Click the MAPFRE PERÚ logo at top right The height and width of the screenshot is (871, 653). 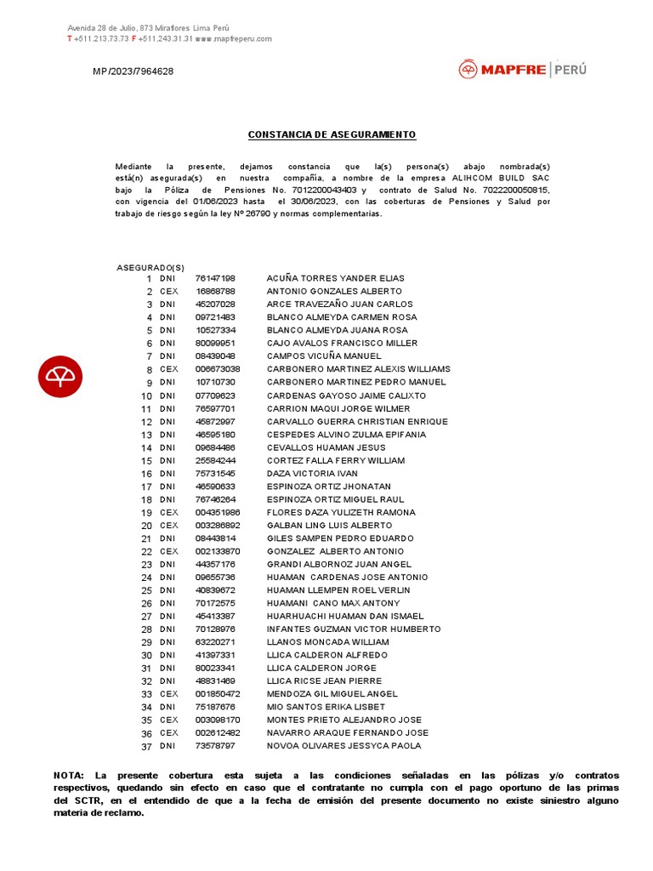click(522, 70)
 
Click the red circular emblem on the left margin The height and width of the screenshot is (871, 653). click(60, 375)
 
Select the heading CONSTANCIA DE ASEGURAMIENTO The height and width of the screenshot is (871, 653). click(332, 135)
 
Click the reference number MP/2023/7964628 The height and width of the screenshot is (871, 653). click(133, 71)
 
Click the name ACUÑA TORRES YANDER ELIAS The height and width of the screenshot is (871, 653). click(335, 278)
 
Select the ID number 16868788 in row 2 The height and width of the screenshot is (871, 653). click(215, 291)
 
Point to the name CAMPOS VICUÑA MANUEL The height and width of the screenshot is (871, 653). click(324, 356)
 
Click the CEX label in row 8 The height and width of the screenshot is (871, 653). click(169, 369)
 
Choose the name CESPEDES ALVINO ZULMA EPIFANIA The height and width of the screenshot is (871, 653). click(346, 435)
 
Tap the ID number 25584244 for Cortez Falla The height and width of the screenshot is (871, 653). click(215, 460)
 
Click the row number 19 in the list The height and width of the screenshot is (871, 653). click(146, 513)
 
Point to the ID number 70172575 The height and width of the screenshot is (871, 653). click(215, 603)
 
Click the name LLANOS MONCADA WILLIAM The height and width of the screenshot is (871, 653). click(328, 642)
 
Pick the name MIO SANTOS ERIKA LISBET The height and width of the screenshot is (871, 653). click(326, 707)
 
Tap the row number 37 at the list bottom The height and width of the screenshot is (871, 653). click(146, 747)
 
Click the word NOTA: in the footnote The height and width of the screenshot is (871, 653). click(69, 776)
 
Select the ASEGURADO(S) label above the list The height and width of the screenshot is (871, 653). click(150, 268)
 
